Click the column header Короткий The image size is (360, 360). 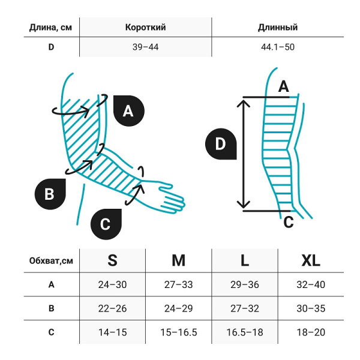point(145,27)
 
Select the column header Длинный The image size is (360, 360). point(277,27)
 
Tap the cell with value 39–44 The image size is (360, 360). point(145,46)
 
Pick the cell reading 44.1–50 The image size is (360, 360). point(277,46)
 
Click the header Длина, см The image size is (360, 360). point(52,27)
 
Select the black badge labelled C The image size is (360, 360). point(105,224)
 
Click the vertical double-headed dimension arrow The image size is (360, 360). point(244,154)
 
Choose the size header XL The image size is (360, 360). point(310,260)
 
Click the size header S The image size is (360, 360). point(112,260)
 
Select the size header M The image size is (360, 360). point(178,260)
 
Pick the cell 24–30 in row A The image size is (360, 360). point(112,285)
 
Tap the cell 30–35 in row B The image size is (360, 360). point(310,309)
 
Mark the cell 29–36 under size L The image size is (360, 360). point(244,285)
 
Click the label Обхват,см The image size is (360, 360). point(52,260)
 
